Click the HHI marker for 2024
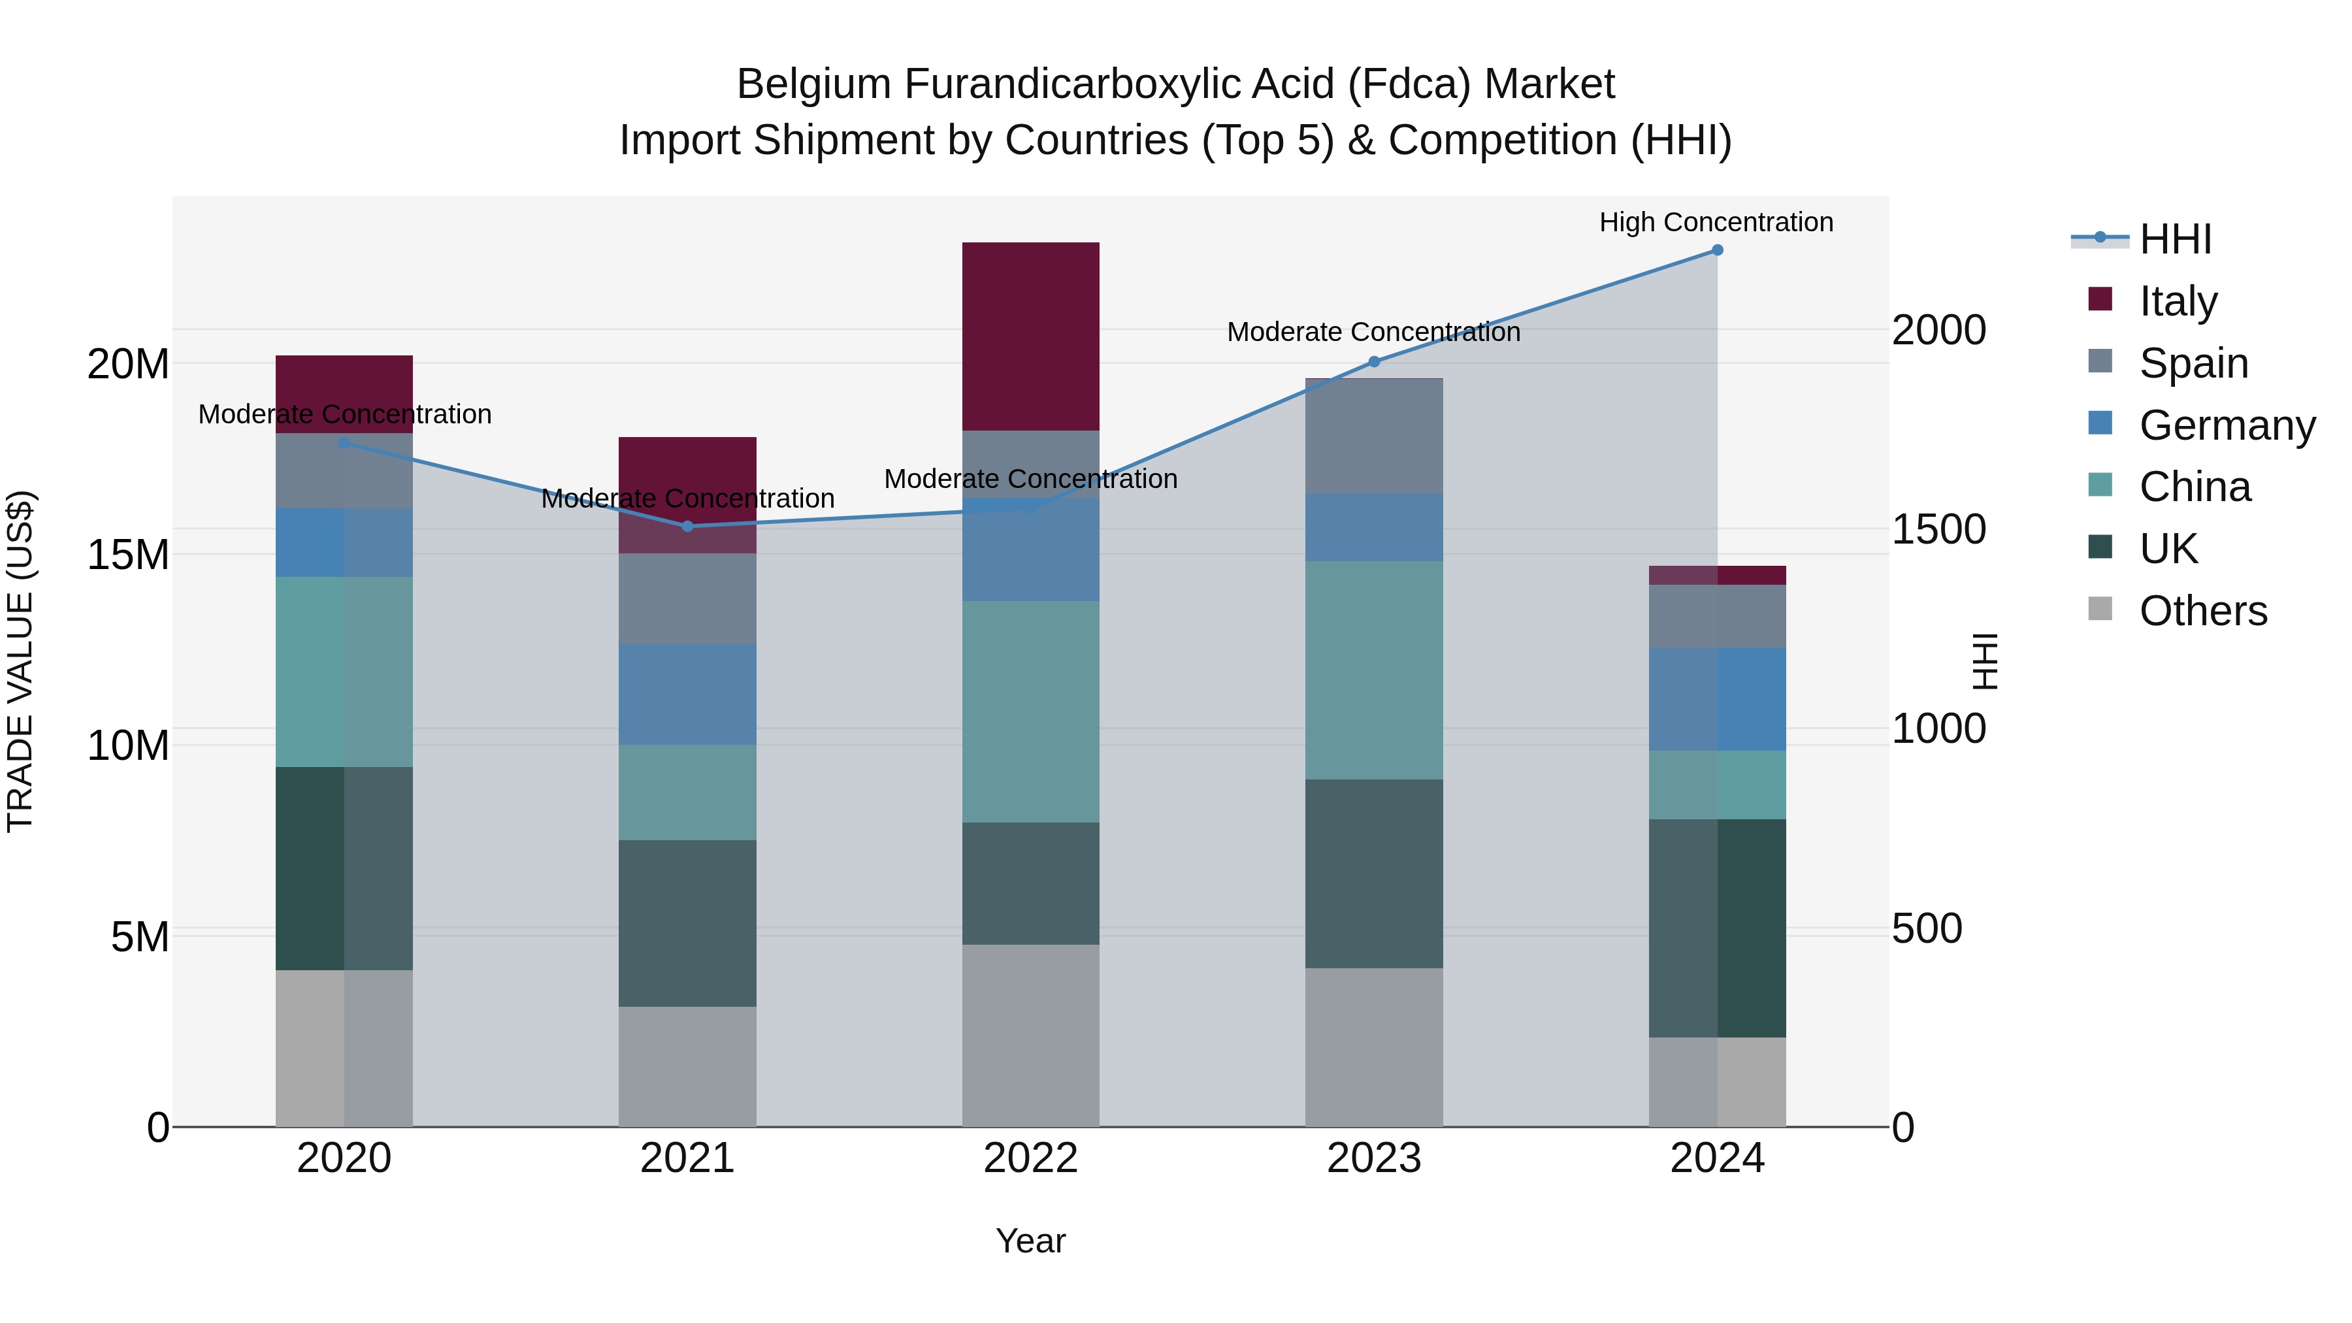coord(1716,250)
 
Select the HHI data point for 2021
coord(687,527)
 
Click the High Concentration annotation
coord(1716,223)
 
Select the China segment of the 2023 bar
coord(1374,670)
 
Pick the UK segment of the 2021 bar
coord(687,923)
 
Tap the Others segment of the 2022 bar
coord(1031,1036)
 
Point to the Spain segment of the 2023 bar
coord(1374,436)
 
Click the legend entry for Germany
coord(2226,425)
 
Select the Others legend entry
coord(2202,611)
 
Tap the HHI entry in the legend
coord(2175,239)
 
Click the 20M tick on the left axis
coord(128,365)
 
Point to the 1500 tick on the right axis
coord(1938,530)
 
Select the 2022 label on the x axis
coord(1031,1158)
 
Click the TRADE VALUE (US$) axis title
coord(21,661)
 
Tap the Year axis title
coord(1031,1241)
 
